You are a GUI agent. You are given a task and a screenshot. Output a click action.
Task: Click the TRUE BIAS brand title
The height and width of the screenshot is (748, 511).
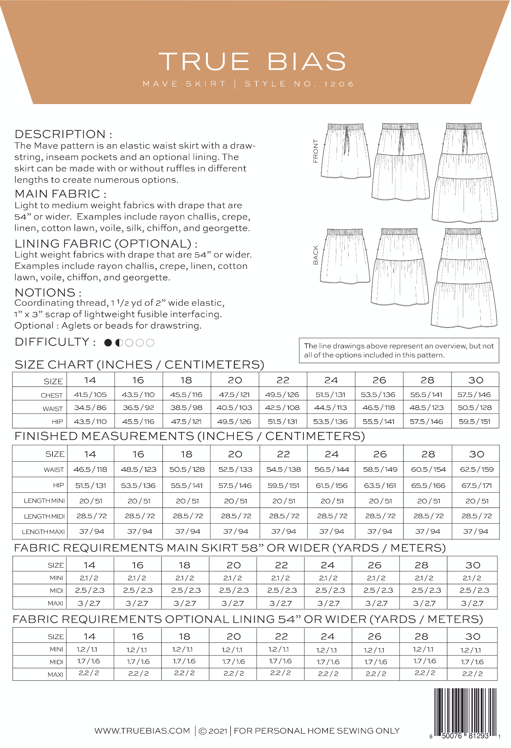coord(252,61)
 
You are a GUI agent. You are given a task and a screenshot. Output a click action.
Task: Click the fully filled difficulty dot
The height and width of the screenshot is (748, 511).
coord(108,343)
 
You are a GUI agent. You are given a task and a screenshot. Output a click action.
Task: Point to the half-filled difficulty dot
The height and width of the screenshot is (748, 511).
coord(119,343)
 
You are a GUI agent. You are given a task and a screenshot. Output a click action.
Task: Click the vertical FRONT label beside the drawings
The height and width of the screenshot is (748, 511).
coord(315,150)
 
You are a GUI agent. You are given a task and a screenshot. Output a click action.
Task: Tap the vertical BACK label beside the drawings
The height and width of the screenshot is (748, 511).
coord(315,255)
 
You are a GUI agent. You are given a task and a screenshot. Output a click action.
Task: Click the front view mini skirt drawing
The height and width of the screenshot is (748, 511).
coord(345,151)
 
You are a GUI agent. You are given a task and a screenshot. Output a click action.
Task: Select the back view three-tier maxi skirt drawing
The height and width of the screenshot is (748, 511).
coord(464,278)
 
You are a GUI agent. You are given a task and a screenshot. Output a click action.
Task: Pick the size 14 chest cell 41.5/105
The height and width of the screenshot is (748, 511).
coord(90,394)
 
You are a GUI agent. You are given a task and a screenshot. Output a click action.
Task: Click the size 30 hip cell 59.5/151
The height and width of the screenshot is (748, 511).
coord(475,421)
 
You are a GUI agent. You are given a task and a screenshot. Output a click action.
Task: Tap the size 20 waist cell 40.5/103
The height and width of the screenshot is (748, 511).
coord(235,408)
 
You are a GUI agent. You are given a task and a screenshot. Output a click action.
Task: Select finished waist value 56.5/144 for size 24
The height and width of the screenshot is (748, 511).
coord(332,469)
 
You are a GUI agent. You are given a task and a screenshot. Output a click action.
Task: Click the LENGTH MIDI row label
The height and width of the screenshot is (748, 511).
coord(44,516)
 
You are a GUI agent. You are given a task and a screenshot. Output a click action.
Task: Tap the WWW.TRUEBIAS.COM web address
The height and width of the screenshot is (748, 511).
coord(142,731)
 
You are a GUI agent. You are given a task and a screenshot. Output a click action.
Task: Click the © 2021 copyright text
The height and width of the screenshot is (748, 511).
coord(213,731)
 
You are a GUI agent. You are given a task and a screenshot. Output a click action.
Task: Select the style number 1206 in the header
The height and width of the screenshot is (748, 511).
coord(339,84)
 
